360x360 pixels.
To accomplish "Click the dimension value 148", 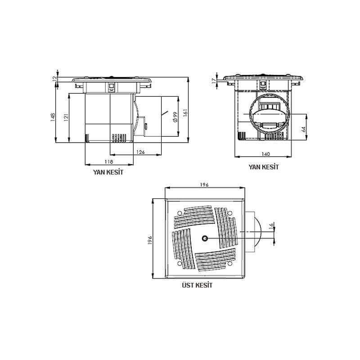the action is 53,117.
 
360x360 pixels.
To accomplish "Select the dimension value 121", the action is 66,117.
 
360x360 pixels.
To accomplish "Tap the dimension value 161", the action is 185,113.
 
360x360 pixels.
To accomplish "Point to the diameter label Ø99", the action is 175,117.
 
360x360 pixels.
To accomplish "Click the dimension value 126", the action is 140,152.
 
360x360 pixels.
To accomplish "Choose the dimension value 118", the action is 109,162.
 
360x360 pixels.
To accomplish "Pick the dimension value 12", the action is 54,78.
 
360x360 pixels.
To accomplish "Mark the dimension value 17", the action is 214,81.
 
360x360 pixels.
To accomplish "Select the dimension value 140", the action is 265,154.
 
